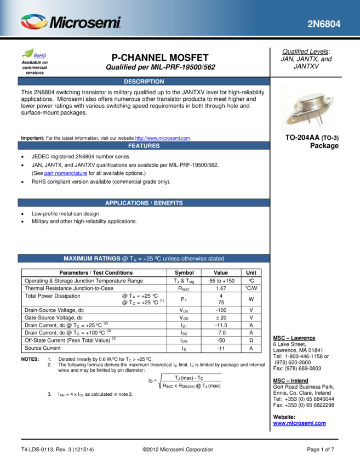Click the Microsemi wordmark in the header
(x=85, y=23)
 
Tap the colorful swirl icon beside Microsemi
(x=34, y=22)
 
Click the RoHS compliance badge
(x=35, y=54)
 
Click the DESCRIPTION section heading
(x=144, y=82)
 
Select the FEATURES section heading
(x=144, y=146)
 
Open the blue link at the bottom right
(x=299, y=423)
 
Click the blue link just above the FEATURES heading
(x=162, y=138)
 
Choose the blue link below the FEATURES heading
(x=66, y=173)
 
